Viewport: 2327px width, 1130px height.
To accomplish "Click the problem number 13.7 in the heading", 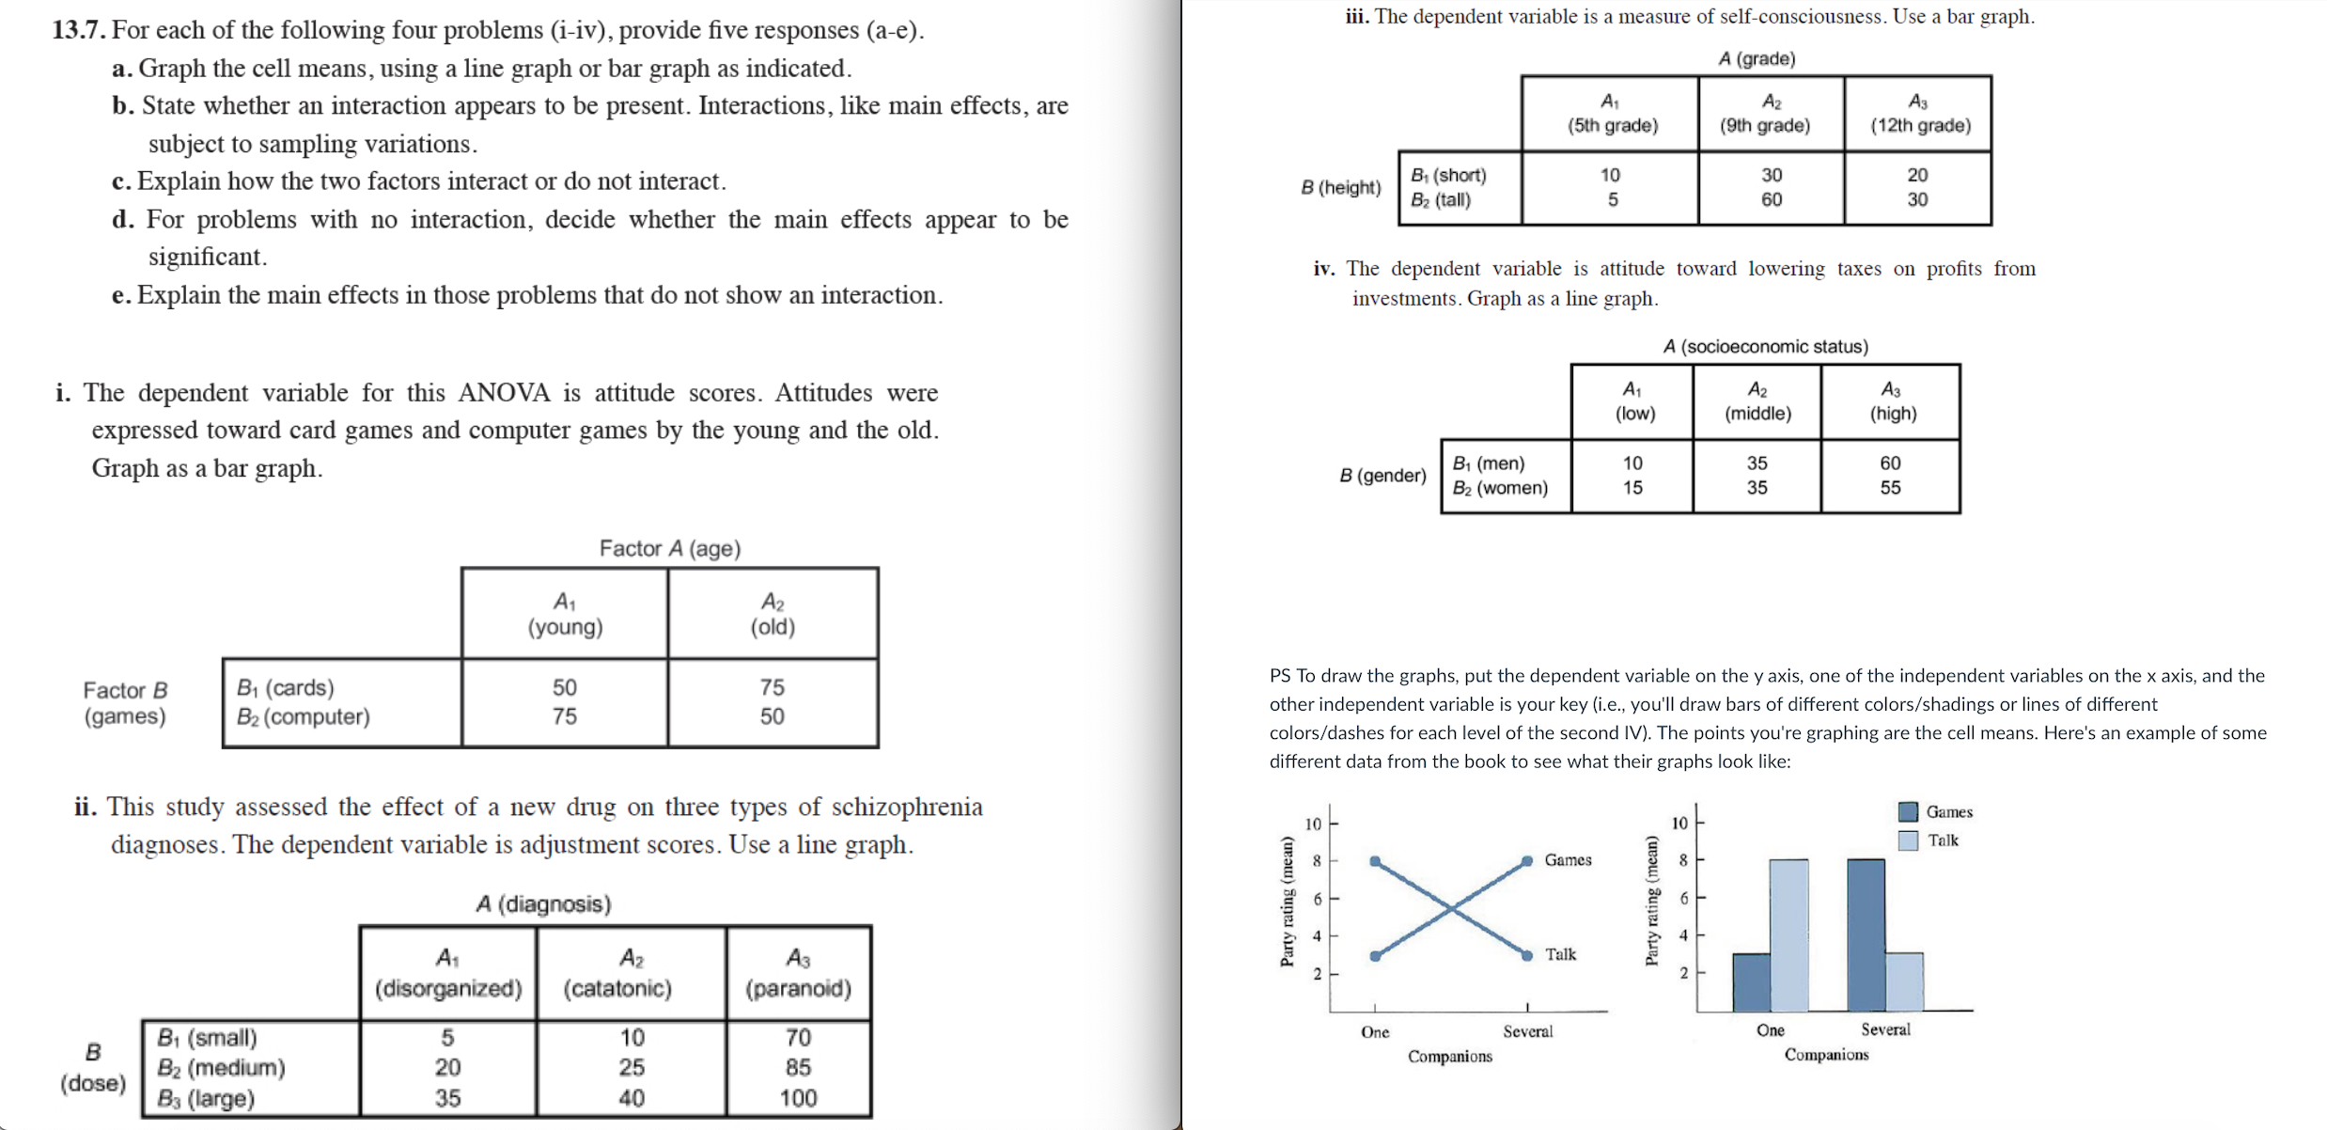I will point(79,30).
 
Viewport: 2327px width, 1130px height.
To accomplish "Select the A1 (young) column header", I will point(565,614).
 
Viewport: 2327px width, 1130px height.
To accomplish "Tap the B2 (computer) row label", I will point(303,716).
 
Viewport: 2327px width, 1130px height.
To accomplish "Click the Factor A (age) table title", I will point(669,548).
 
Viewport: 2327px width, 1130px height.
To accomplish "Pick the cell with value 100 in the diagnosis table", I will point(798,1098).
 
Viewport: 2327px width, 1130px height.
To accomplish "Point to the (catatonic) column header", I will point(617,988).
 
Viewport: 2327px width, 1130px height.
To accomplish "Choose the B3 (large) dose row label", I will point(206,1098).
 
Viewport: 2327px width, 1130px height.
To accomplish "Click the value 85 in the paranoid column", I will point(798,1067).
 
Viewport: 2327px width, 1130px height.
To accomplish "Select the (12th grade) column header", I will point(1919,125).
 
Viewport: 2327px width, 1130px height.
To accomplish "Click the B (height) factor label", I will point(1341,187).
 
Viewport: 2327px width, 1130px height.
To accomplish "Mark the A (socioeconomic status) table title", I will point(1765,346).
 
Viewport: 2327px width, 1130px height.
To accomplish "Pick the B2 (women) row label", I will point(1500,488).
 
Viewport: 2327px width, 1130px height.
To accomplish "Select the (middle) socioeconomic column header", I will point(1757,413).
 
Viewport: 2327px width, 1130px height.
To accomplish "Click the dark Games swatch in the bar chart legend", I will point(1908,811).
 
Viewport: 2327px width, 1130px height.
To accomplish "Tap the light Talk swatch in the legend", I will point(1908,840).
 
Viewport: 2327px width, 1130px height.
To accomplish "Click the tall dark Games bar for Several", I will point(1866,934).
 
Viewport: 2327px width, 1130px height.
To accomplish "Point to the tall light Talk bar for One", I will point(1788,934).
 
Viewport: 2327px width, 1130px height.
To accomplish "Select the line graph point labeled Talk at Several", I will point(1527,955).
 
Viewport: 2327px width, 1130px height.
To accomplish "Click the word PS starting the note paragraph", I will point(1280,676).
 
